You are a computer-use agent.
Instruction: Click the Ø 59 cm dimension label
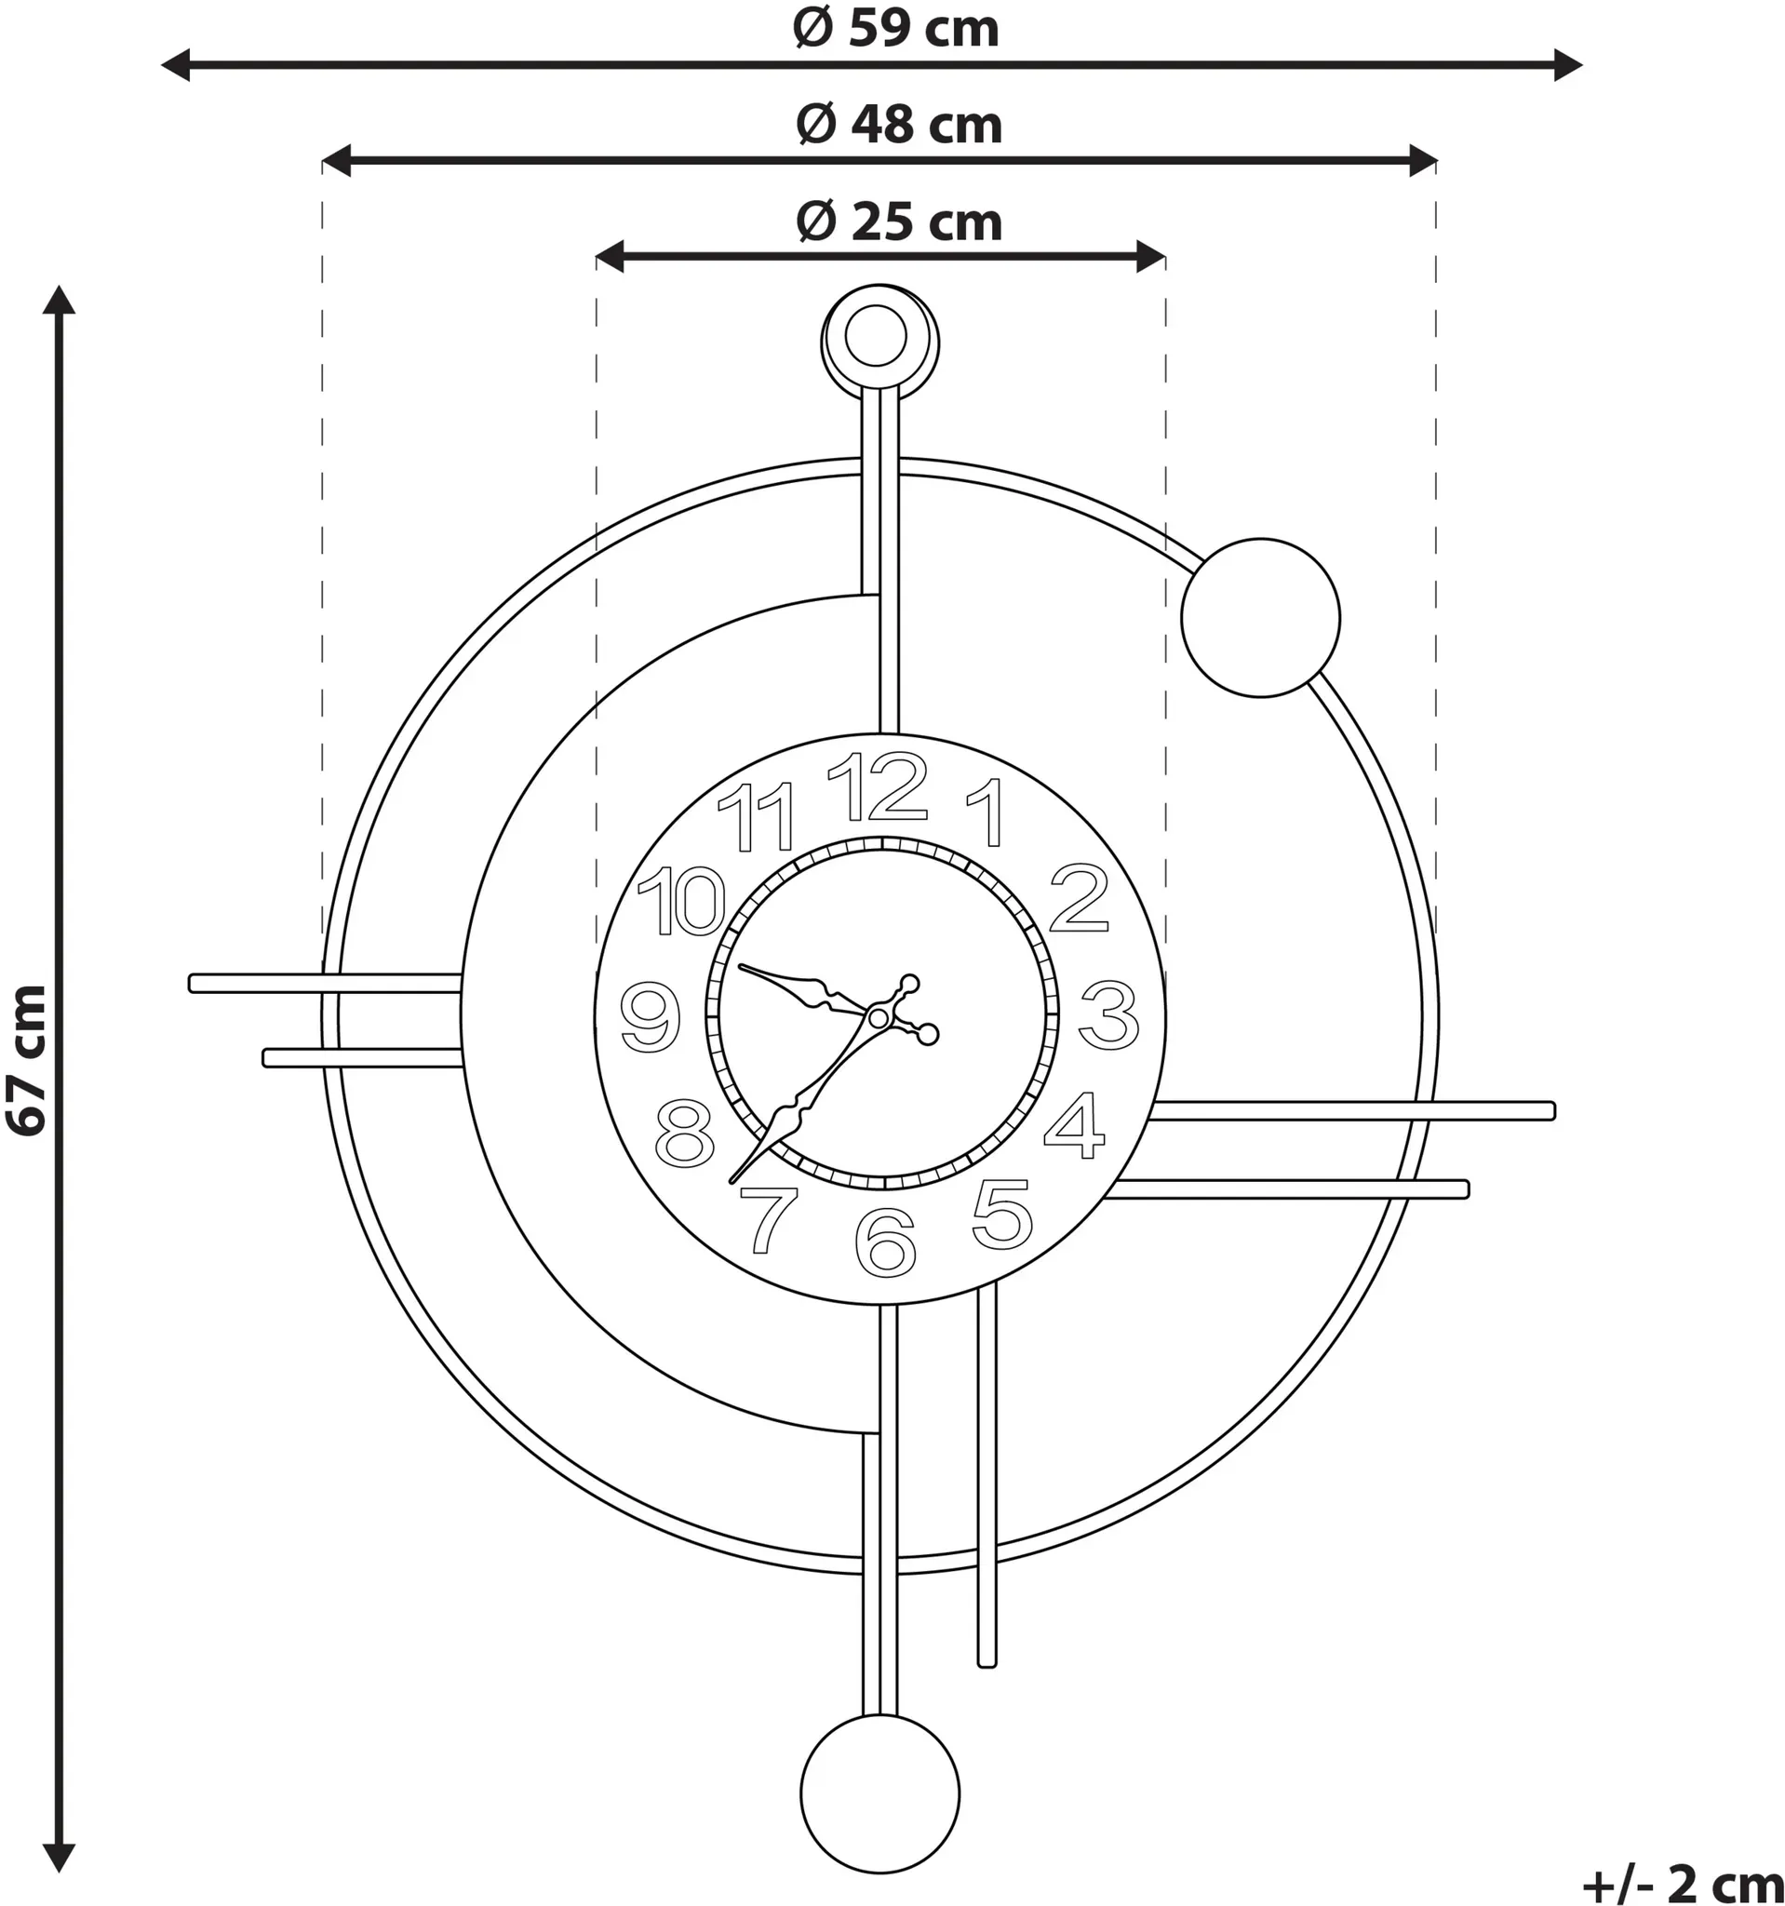pos(896,29)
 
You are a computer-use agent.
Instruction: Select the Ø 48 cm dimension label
pos(899,126)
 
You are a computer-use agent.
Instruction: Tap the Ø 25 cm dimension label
pos(899,222)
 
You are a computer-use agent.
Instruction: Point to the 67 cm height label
pos(27,1059)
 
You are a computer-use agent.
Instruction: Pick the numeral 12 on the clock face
pos(878,786)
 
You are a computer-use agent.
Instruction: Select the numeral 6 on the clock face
pos(886,1242)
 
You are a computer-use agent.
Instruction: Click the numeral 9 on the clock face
pos(651,1016)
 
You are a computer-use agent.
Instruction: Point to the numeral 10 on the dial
pos(681,900)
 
